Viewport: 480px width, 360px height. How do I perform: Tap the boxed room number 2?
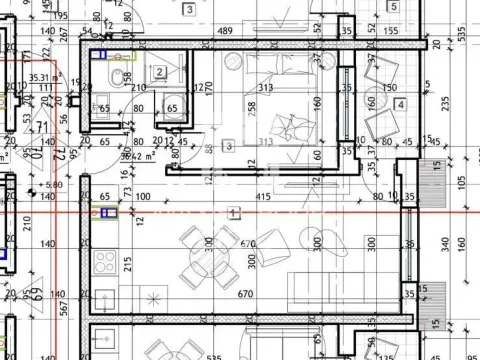[161, 71]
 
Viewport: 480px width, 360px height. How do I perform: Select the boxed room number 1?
[234, 212]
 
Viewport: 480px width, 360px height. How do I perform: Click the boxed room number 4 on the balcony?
[400, 104]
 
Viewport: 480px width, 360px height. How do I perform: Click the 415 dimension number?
[263, 198]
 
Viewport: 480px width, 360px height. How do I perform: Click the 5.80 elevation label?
[52, 185]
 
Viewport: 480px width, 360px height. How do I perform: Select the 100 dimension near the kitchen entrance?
[141, 198]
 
